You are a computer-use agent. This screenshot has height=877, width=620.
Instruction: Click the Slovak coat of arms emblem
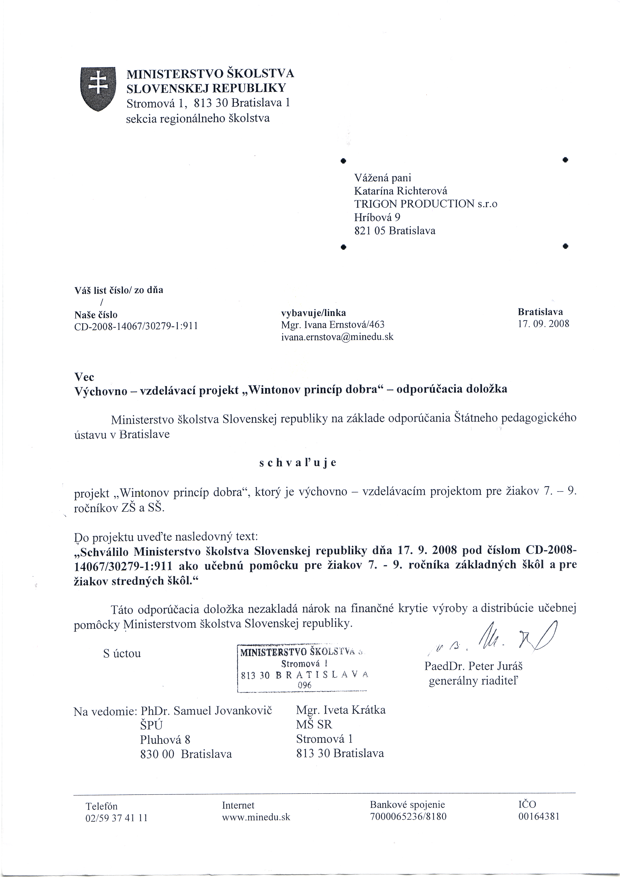pos(98,89)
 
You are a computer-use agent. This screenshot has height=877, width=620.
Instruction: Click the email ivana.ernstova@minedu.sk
pos(337,337)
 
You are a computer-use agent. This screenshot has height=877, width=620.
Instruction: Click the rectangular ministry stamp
pos(302,668)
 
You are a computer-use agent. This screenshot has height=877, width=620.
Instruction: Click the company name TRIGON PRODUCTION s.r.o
pos(426,204)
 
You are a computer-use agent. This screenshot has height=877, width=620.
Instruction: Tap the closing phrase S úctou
pos(122,653)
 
